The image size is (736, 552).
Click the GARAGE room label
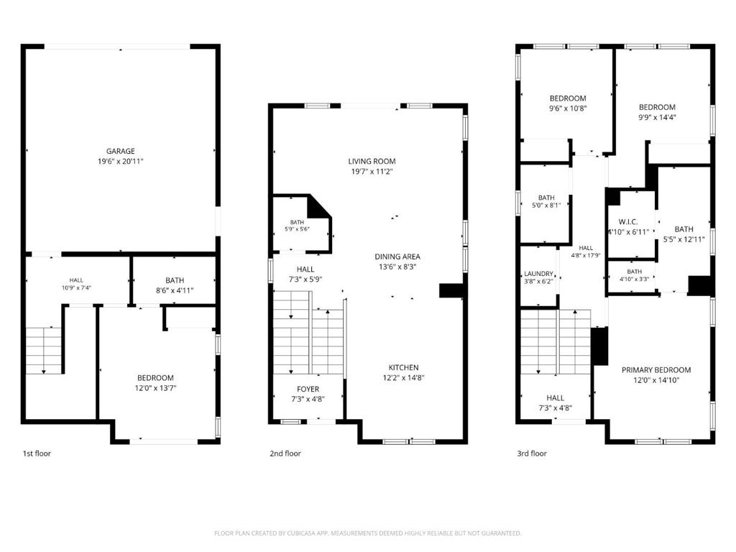(120, 151)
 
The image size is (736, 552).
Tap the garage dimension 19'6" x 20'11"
(120, 162)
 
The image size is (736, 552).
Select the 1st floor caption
(37, 454)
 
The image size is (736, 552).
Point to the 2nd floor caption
(285, 454)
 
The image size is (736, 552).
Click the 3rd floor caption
(532, 454)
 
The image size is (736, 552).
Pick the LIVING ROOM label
(372, 162)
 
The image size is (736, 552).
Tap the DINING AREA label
(397, 257)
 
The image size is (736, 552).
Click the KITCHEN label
(404, 367)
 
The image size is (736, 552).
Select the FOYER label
(308, 389)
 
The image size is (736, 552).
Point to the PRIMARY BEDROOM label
(656, 370)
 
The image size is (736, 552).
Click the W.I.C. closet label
(628, 221)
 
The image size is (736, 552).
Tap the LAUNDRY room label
(538, 274)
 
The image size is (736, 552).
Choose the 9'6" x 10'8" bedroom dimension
(568, 109)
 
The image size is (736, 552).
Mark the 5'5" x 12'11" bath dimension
(684, 239)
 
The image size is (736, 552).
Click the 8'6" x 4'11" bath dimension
(175, 290)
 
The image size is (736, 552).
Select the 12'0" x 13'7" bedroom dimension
(155, 388)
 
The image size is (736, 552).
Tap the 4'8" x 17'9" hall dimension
(586, 256)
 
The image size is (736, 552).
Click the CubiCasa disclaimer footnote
(367, 533)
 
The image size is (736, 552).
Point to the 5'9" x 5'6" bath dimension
(297, 229)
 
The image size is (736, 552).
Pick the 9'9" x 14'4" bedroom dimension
(657, 117)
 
